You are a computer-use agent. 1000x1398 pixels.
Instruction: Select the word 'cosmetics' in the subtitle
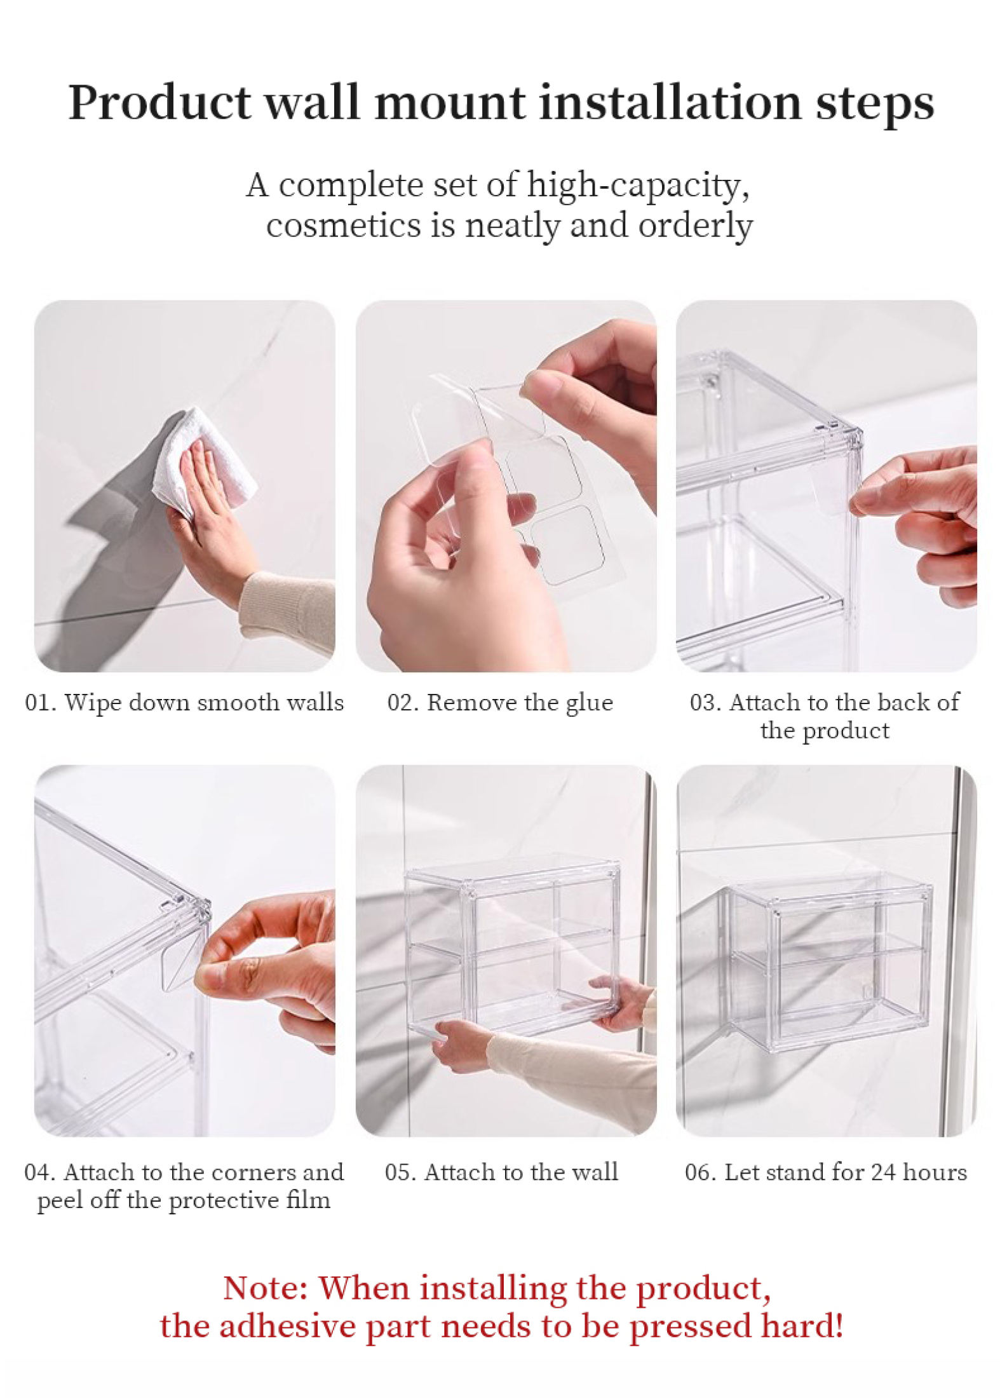[342, 226]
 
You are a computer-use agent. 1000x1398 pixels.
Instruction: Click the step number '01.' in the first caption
[40, 703]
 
